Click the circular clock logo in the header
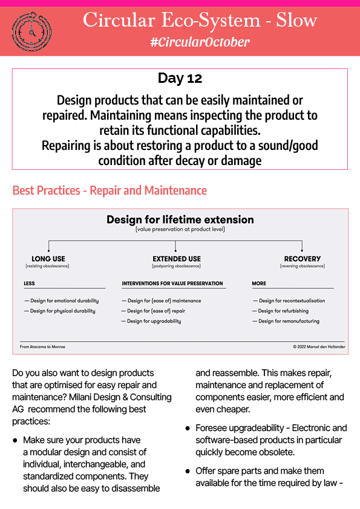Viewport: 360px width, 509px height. click(x=31, y=31)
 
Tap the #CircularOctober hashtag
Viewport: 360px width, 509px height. click(x=200, y=42)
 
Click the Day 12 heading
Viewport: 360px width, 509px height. click(x=180, y=78)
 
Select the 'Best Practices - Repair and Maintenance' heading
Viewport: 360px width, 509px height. click(x=110, y=190)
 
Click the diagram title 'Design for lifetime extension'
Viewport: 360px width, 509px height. click(x=180, y=219)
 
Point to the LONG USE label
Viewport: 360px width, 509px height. click(x=48, y=259)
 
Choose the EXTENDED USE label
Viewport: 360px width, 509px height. click(x=177, y=259)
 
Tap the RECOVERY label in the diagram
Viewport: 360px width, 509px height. click(x=302, y=259)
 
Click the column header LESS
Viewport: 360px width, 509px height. click(x=29, y=284)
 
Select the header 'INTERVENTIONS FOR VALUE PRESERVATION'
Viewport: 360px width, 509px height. click(x=172, y=284)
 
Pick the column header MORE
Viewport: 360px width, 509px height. click(x=259, y=284)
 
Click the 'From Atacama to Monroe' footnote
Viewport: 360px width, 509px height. click(x=42, y=347)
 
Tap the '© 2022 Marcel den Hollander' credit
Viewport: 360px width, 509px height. click(x=319, y=347)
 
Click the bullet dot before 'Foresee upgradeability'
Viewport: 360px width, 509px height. click(x=188, y=429)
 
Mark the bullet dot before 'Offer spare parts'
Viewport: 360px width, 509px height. click(x=188, y=471)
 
